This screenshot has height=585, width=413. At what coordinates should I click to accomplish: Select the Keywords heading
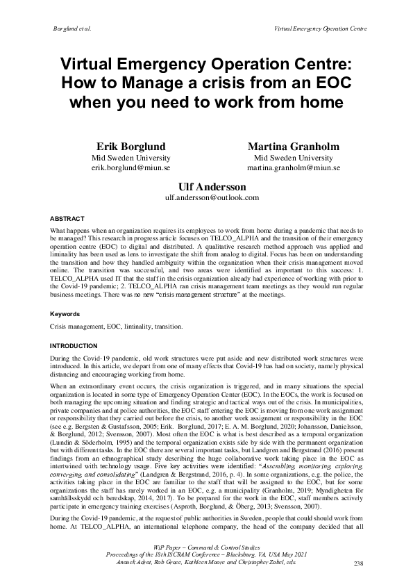(x=66, y=313)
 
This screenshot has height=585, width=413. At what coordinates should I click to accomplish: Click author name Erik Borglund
(x=132, y=147)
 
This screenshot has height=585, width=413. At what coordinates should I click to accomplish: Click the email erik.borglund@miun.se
(x=132, y=168)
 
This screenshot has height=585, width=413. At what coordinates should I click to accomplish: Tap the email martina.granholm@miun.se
(x=294, y=168)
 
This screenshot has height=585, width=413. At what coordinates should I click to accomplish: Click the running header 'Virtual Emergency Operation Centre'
(x=320, y=28)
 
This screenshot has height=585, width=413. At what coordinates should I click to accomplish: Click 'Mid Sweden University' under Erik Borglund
(x=132, y=158)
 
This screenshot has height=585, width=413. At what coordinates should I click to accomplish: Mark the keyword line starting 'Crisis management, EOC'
(x=116, y=326)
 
